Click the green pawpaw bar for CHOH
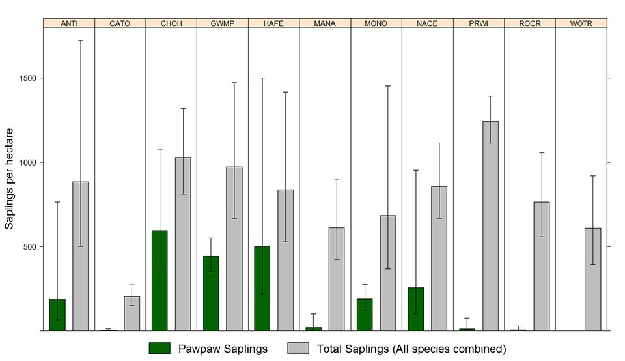(x=160, y=280)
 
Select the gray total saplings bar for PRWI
(x=490, y=225)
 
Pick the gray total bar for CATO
(x=132, y=313)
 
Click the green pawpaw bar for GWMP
(x=211, y=293)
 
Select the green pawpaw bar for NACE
(x=416, y=309)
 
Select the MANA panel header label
(x=325, y=23)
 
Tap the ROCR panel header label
(x=530, y=23)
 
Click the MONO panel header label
(x=376, y=23)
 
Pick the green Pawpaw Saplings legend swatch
(x=159, y=349)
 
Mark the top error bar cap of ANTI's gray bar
(x=80, y=40)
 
